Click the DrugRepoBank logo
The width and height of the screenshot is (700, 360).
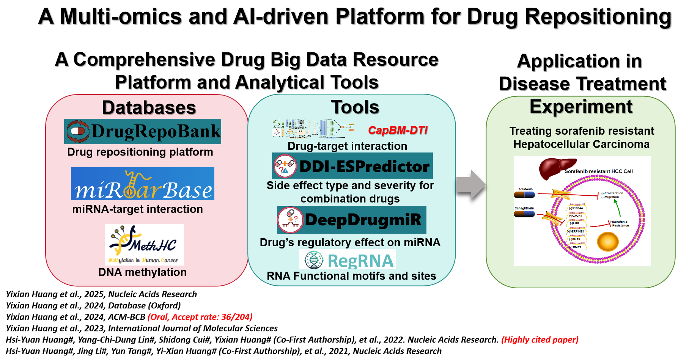tap(143, 131)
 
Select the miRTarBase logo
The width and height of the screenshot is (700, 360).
tap(143, 184)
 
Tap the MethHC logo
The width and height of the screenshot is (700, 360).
tap(144, 245)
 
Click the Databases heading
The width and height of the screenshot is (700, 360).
tap(149, 108)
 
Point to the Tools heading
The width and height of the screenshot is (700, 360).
tap(355, 107)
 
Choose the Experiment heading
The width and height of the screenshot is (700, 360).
tap(581, 107)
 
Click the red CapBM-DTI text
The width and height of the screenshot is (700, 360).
tap(398, 130)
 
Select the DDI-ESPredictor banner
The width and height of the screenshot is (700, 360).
tap(352, 166)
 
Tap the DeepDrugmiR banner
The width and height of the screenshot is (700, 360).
tap(352, 220)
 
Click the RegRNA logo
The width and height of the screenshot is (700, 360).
tap(348, 260)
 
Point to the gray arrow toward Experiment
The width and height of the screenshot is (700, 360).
tap(471, 185)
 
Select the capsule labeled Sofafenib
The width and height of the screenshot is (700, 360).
tap(524, 195)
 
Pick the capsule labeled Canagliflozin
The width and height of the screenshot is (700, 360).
tap(524, 214)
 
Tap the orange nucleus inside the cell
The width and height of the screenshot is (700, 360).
tap(608, 241)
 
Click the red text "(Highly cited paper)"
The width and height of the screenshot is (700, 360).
tap(540, 340)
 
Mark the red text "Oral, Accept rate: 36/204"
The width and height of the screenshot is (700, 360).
tap(200, 317)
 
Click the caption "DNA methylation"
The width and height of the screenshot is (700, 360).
tap(142, 272)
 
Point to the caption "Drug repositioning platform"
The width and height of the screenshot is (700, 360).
tap(140, 152)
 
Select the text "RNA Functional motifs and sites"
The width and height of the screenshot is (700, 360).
tap(351, 276)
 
